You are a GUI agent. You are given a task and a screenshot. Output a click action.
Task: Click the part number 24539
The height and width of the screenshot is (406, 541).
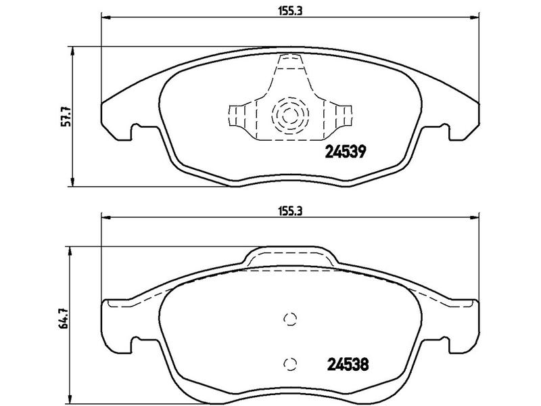(x=346, y=151)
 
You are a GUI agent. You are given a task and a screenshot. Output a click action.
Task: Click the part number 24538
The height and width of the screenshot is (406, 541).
(x=348, y=364)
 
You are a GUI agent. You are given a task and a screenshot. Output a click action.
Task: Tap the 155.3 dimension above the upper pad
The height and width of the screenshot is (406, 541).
(x=290, y=11)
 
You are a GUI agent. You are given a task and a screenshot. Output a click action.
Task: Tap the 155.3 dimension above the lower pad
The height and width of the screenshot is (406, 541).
(x=290, y=211)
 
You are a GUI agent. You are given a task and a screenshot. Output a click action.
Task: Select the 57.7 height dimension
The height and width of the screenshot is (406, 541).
(x=66, y=116)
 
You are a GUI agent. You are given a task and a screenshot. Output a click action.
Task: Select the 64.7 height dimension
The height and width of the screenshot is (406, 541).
(x=64, y=317)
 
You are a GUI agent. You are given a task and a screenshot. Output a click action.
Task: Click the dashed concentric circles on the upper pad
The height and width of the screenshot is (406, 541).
(x=290, y=115)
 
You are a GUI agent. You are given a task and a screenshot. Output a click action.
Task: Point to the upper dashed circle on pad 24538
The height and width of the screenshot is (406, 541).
(x=290, y=319)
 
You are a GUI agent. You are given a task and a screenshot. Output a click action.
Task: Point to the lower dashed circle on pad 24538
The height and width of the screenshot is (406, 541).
(x=290, y=363)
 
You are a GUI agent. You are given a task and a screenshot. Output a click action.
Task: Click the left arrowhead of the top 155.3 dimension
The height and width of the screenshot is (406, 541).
(x=105, y=18)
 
